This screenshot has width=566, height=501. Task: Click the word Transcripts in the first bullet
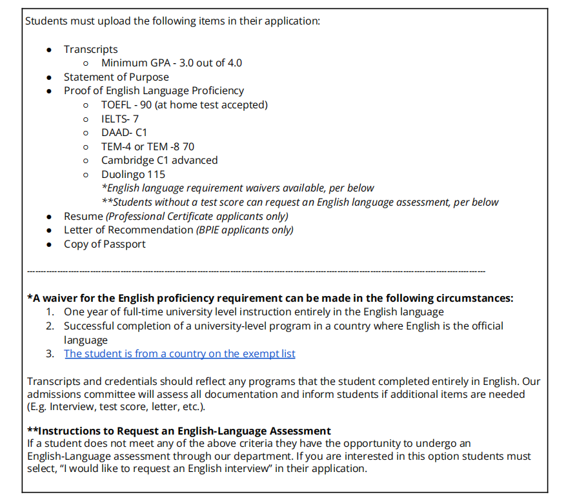pyautogui.click(x=90, y=49)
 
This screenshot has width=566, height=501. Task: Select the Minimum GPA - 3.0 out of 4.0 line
pyautogui.click(x=171, y=63)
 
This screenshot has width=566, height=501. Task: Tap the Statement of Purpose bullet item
pyautogui.click(x=116, y=77)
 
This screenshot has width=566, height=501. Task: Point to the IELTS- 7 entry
pyautogui.click(x=119, y=119)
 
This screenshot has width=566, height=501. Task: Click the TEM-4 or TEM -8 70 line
pyautogui.click(x=147, y=146)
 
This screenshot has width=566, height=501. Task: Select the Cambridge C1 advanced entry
pyautogui.click(x=159, y=161)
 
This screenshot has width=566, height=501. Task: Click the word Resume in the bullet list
pyautogui.click(x=83, y=216)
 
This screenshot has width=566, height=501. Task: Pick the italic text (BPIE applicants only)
pyautogui.click(x=245, y=230)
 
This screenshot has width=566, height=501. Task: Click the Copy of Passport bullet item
pyautogui.click(x=105, y=244)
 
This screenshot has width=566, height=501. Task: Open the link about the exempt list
pyautogui.click(x=179, y=354)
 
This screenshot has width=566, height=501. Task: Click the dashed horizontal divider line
pyautogui.click(x=255, y=271)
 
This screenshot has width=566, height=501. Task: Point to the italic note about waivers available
pyautogui.click(x=238, y=188)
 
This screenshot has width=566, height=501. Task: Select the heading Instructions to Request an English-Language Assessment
pyautogui.click(x=179, y=431)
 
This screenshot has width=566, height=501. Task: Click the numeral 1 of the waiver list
pyautogui.click(x=50, y=312)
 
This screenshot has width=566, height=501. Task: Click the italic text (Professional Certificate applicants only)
pyautogui.click(x=197, y=216)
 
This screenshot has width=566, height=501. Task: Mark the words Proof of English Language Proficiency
pyautogui.click(x=154, y=91)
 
